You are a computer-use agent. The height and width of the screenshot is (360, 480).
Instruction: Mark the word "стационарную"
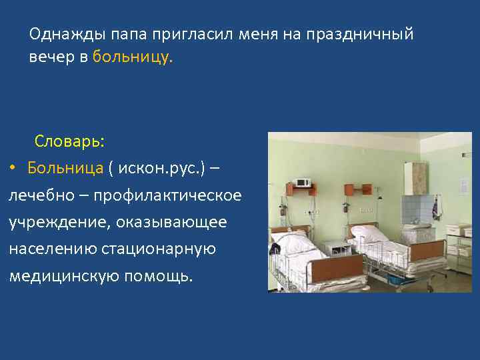pos(159,249)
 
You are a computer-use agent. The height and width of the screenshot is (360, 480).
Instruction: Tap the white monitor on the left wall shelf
pos(303,183)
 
